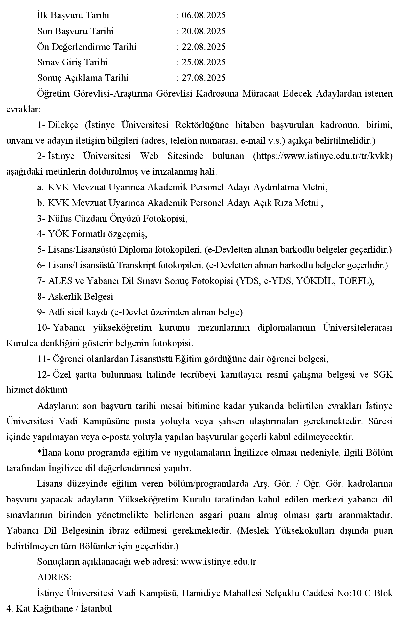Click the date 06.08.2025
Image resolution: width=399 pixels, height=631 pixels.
click(203, 15)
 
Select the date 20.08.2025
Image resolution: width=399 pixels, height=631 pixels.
click(203, 31)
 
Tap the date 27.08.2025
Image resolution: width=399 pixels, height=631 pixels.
click(203, 78)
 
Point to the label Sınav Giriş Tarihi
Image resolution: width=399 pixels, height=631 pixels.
click(72, 62)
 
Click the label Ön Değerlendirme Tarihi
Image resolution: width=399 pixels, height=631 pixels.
click(87, 47)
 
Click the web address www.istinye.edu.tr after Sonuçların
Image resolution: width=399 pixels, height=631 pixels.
click(219, 562)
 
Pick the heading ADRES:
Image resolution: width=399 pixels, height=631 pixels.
click(55, 577)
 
